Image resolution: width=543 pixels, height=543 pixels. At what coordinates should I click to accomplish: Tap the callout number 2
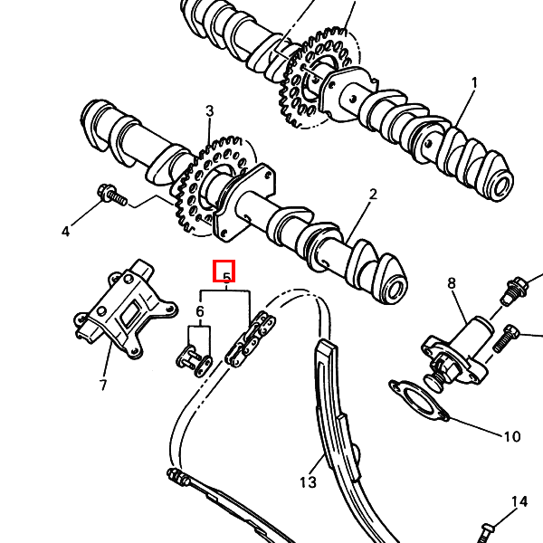point(371,195)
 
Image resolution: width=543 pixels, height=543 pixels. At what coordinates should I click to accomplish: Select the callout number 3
point(209,111)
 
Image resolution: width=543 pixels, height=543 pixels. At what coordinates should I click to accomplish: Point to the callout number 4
point(65,232)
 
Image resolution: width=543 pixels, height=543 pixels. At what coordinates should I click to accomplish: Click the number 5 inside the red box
point(224,272)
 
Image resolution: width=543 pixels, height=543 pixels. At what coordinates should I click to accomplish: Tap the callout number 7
point(103,385)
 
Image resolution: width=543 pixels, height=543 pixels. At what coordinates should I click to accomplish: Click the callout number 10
point(511,437)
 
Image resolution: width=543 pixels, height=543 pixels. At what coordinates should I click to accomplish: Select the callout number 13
point(309,482)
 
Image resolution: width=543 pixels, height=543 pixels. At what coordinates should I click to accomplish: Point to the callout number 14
point(519,501)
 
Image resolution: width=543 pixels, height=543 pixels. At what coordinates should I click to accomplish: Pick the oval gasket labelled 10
point(419,399)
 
